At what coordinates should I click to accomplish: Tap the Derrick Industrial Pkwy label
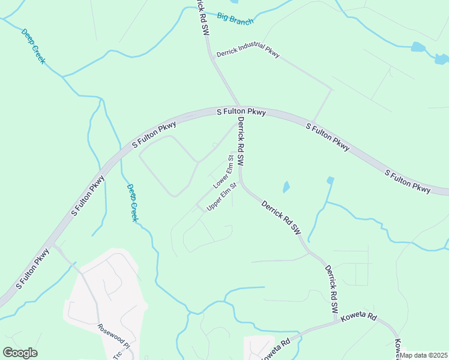pos(248,53)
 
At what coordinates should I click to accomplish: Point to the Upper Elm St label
pos(222,197)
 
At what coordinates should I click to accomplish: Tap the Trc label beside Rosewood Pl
pos(118,354)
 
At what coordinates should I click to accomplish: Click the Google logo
pos(20,353)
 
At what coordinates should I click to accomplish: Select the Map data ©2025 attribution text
pos(424,355)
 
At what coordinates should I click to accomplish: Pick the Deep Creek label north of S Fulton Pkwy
pos(33,46)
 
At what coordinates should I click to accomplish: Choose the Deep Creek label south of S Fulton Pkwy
pos(133,203)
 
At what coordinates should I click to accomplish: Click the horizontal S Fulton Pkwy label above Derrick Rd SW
pos(241,112)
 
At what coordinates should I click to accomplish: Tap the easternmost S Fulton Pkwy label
pos(408,182)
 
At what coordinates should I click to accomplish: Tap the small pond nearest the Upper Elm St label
pos(286,187)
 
